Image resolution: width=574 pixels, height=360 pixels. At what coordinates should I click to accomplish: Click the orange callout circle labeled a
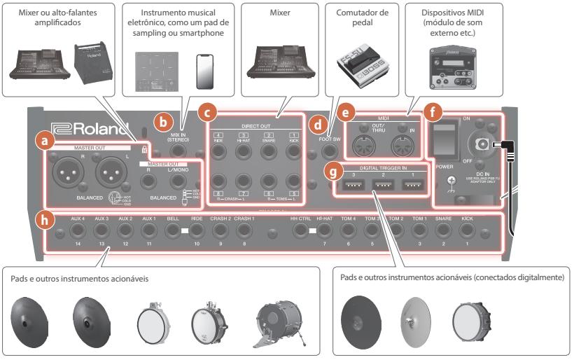45,141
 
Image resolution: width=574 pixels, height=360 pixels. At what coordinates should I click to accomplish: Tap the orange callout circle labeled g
335,171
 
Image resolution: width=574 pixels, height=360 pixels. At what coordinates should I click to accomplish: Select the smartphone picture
203,70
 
